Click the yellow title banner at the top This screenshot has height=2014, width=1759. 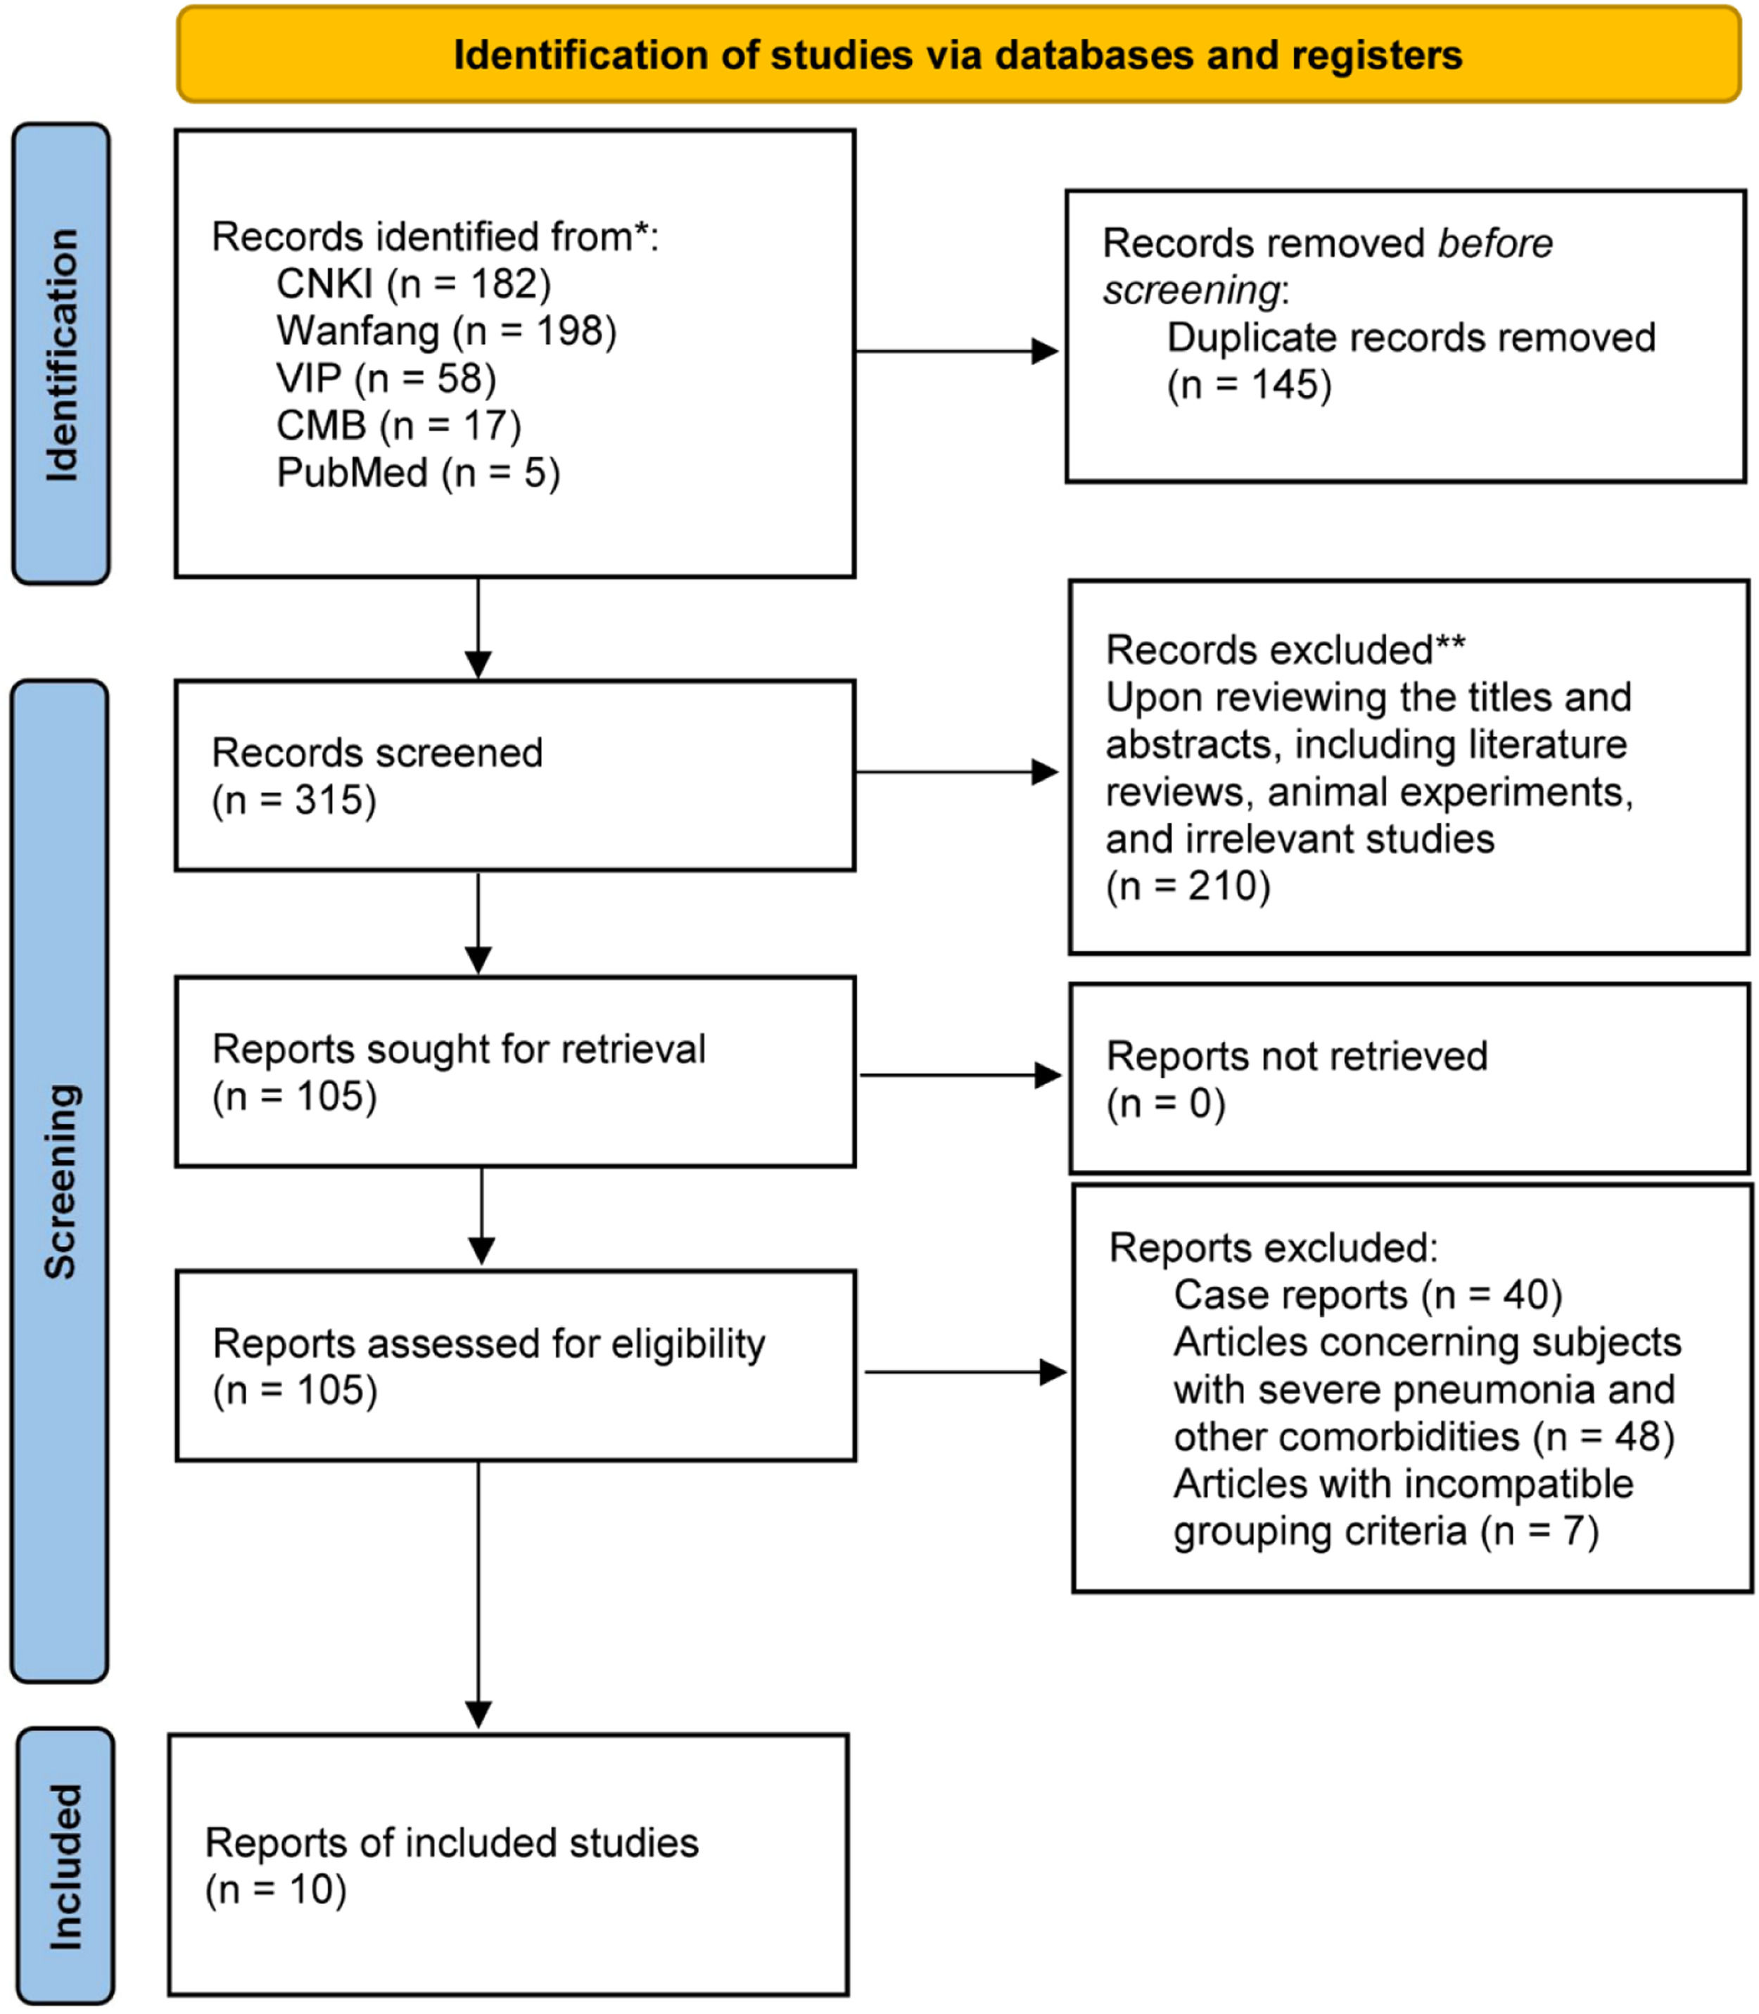pyautogui.click(x=958, y=55)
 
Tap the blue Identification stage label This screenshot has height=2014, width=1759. pyautogui.click(x=61, y=353)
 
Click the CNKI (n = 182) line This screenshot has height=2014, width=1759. pyautogui.click(x=413, y=283)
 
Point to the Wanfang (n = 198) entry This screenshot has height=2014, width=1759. pyautogui.click(x=445, y=331)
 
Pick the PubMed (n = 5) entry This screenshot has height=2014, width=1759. pyautogui.click(x=418, y=473)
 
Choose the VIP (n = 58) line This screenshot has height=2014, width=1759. pyautogui.click(x=386, y=378)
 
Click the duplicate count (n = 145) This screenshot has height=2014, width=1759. pyautogui.click(x=1249, y=385)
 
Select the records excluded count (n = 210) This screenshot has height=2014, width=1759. pyautogui.click(x=1188, y=886)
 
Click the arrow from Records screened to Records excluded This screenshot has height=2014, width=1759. pyautogui.click(x=957, y=772)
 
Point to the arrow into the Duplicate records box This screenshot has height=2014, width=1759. pyautogui.click(x=957, y=351)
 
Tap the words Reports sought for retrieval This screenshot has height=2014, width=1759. pyautogui.click(x=459, y=1049)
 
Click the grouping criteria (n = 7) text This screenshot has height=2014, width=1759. pyautogui.click(x=1385, y=1531)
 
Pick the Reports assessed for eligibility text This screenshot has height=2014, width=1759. pyautogui.click(x=488, y=1344)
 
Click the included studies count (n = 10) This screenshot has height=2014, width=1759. pyautogui.click(x=275, y=1889)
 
